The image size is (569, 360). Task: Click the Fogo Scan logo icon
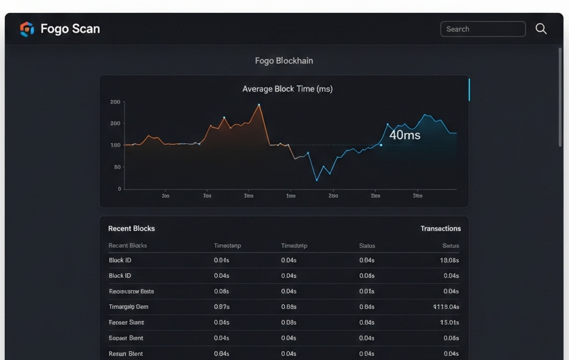tap(27, 29)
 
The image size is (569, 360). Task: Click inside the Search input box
tap(483, 29)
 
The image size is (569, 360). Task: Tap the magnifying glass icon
tap(541, 29)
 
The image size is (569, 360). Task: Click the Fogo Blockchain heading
tap(284, 60)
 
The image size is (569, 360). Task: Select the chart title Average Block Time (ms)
tap(288, 89)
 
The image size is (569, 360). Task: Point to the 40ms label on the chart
tap(404, 135)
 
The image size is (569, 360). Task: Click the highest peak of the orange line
tap(259, 105)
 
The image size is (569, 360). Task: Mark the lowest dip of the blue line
tap(316, 180)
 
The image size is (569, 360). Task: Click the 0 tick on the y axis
tap(119, 189)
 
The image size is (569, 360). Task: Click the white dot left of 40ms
tap(381, 145)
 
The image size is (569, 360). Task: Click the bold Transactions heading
tap(441, 228)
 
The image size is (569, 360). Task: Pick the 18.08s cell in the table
tap(449, 260)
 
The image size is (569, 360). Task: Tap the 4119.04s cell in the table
tap(447, 307)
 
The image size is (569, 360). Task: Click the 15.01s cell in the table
tap(449, 323)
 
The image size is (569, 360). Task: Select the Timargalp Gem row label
tap(128, 307)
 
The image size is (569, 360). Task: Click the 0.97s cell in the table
tap(222, 307)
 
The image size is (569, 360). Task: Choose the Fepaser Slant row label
tap(126, 323)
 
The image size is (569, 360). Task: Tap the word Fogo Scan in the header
tap(70, 29)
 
